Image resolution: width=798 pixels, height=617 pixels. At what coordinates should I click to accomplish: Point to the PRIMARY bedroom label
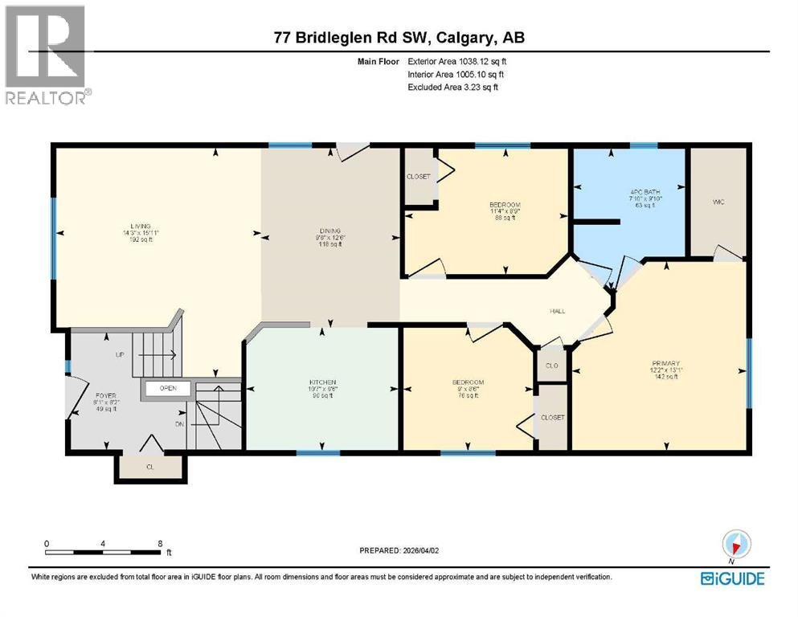665,363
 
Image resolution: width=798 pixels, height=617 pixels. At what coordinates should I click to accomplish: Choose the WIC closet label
718,202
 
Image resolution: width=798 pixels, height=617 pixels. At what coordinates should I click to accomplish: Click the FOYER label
106,394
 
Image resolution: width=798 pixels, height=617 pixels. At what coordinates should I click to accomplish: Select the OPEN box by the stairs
168,389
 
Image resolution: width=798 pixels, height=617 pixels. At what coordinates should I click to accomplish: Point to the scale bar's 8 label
160,544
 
